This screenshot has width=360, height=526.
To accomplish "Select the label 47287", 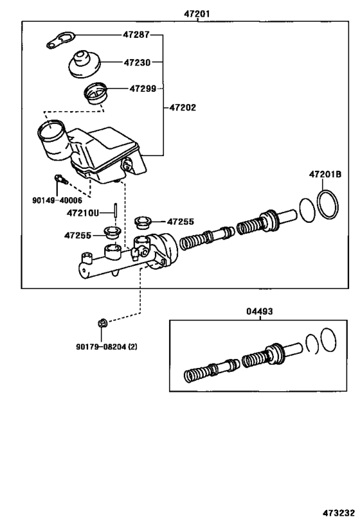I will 136,35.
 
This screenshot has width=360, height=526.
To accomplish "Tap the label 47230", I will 136,62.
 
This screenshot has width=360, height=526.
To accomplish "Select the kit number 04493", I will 260,311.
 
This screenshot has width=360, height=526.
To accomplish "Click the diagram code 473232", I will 338,514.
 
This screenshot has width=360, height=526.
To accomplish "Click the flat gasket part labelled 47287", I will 60,40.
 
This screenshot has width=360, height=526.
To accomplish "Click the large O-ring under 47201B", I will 328,204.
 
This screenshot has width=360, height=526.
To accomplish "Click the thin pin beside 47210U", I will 114,211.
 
